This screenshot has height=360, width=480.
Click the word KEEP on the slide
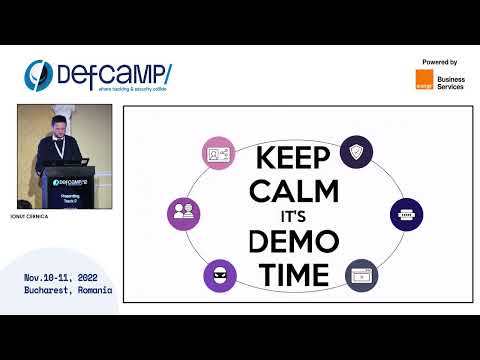(295, 159)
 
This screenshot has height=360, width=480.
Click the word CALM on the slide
(295, 189)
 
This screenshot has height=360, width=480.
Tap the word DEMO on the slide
(295, 240)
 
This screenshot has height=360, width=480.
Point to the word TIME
(295, 272)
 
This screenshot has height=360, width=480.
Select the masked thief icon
(217, 274)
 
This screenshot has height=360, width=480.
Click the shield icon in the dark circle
(357, 152)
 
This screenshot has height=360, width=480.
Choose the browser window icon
(362, 275)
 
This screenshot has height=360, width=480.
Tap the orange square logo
(422, 80)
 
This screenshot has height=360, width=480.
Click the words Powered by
(440, 62)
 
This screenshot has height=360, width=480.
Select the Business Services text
(450, 80)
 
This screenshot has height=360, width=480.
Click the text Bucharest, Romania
(68, 290)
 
